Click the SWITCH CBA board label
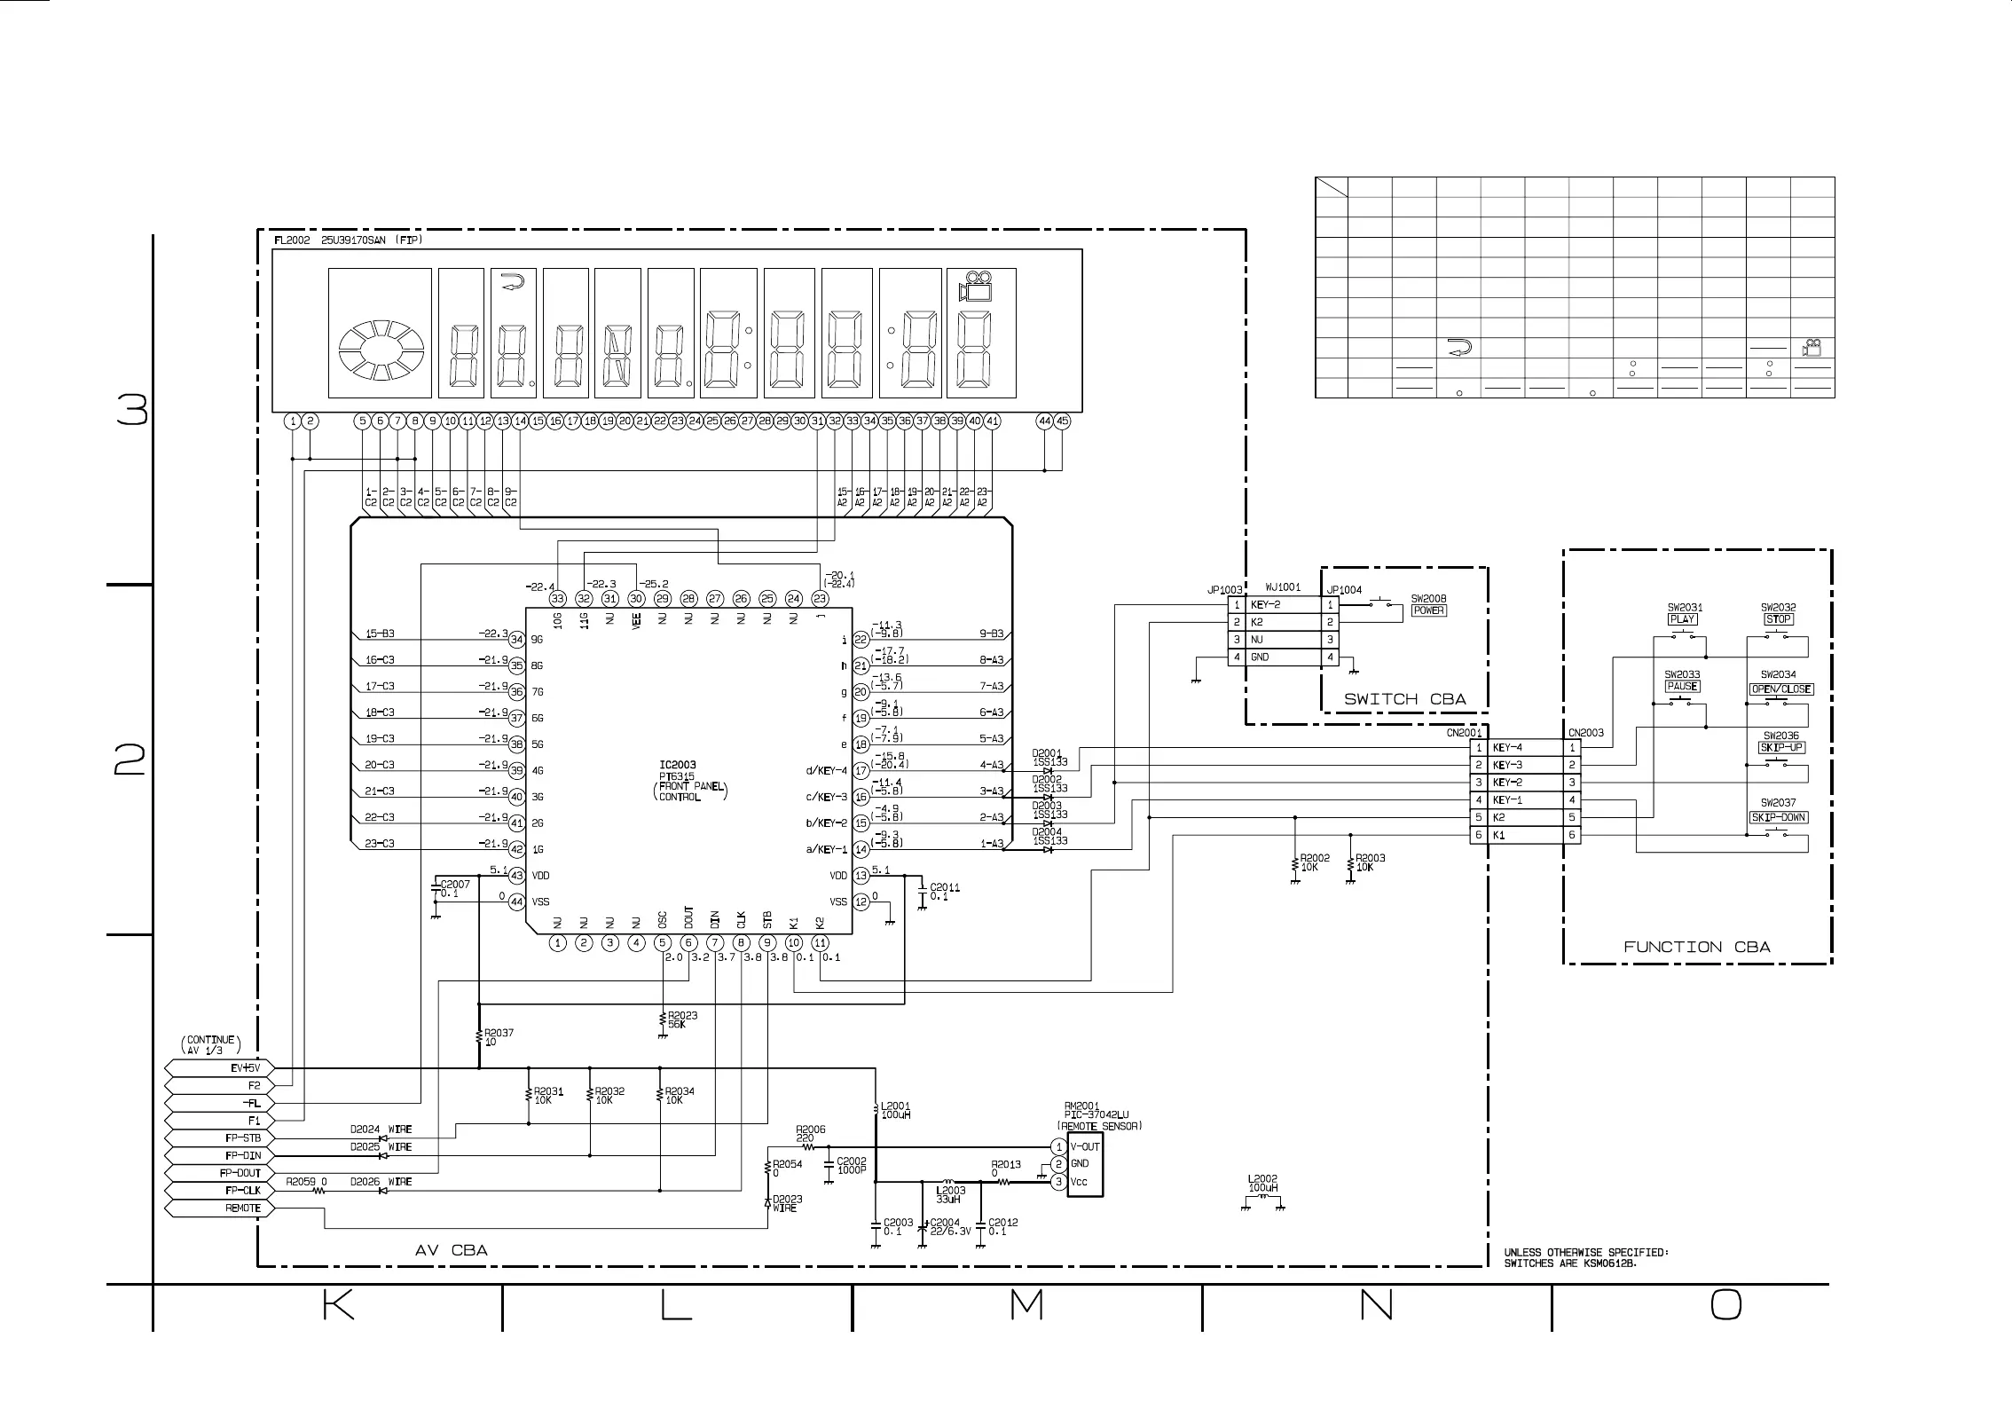coord(1404,699)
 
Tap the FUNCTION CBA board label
coord(1696,947)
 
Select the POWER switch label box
coord(1428,610)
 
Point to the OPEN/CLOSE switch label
coord(1780,689)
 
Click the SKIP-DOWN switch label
coord(1779,817)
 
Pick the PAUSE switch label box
coord(1682,687)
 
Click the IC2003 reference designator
coord(678,765)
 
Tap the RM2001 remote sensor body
coord(1084,1164)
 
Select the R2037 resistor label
coord(499,1033)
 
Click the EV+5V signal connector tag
coord(217,1068)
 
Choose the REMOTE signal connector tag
coord(217,1208)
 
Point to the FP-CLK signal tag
coord(217,1191)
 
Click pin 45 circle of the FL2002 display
coord(1062,421)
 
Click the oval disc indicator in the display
coord(381,351)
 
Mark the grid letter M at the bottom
coord(1026,1304)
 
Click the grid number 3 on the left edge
coord(132,410)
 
